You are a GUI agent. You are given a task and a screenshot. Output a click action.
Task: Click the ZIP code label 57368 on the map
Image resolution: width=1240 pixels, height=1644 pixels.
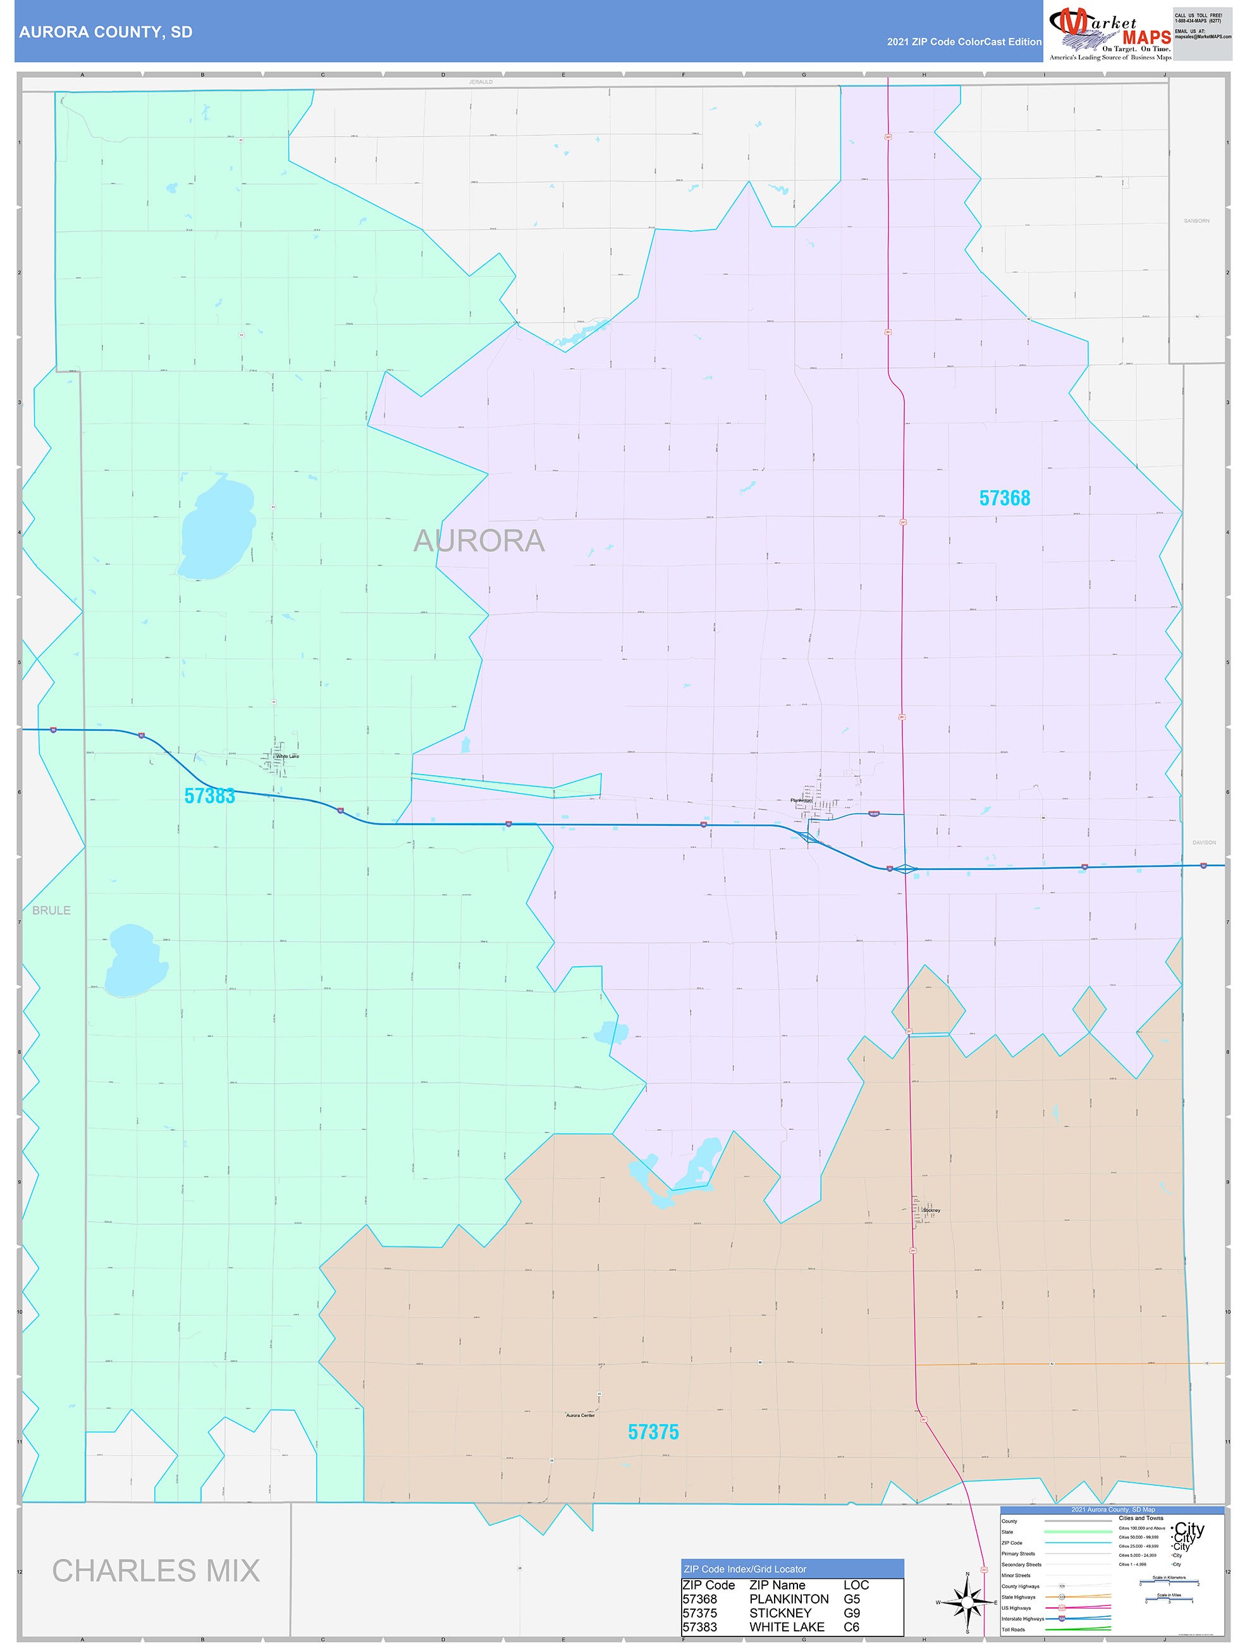pos(1004,498)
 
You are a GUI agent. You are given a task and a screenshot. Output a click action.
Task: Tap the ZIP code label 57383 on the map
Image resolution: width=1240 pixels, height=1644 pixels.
pos(210,796)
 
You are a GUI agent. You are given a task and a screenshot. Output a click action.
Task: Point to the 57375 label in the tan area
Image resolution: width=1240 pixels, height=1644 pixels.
pos(653,1432)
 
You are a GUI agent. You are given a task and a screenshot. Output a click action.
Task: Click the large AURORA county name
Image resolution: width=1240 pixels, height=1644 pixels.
pos(479,541)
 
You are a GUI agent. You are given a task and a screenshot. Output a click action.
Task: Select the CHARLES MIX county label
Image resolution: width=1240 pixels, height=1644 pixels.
pos(156,1571)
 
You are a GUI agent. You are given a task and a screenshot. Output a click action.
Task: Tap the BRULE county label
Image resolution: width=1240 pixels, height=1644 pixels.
pos(51,911)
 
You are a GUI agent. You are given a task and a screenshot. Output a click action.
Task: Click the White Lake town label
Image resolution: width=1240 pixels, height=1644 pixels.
pos(287,756)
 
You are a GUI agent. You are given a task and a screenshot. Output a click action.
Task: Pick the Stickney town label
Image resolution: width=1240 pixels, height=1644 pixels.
pos(931,1210)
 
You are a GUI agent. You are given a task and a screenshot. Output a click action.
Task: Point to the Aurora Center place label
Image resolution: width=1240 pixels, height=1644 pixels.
pos(580,1415)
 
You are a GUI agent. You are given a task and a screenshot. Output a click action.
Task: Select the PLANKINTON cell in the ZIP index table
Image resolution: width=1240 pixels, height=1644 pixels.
pos(788,1598)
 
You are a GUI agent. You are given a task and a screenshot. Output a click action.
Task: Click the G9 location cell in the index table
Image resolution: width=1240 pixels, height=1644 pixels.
pos(851,1613)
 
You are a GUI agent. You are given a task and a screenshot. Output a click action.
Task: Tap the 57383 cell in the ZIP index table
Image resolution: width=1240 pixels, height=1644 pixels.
pos(699,1627)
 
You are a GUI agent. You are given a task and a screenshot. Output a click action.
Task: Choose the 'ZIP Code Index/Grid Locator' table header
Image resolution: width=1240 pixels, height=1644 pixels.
pos(745,1569)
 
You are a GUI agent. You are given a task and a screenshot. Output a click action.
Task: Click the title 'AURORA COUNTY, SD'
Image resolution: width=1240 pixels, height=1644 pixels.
pos(106,32)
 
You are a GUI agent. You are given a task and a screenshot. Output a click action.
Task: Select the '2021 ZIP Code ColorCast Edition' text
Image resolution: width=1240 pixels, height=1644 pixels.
pos(964,42)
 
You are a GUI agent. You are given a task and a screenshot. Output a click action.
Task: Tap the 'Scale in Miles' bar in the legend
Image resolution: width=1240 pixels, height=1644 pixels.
pos(1169,1598)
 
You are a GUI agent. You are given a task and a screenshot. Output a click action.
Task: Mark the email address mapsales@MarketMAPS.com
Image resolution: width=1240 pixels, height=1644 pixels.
pos(1202,37)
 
